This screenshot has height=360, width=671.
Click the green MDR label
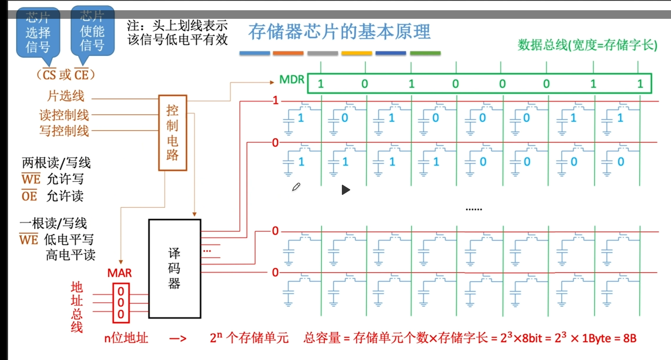point(292,79)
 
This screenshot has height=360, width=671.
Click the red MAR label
point(119,273)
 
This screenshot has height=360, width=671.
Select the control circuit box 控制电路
point(172,133)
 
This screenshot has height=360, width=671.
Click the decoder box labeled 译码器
point(174,269)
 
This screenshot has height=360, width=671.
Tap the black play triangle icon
point(345,190)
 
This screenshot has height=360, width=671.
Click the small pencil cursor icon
point(296,187)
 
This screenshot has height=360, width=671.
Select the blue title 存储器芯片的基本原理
point(339,32)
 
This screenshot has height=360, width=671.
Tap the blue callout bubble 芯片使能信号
point(92,31)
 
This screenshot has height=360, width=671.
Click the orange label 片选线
point(66,96)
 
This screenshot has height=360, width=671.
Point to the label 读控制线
point(64,115)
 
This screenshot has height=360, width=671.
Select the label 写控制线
point(64,131)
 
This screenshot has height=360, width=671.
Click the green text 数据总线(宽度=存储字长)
point(587,45)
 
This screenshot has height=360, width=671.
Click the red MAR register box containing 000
point(121,303)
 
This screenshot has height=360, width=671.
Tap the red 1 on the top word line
point(275,100)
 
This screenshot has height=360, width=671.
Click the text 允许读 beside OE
point(65,196)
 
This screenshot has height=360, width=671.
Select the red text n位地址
point(126,338)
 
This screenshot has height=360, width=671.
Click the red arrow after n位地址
point(178,338)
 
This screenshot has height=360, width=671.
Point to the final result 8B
point(629,338)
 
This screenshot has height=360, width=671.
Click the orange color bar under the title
point(288,53)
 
